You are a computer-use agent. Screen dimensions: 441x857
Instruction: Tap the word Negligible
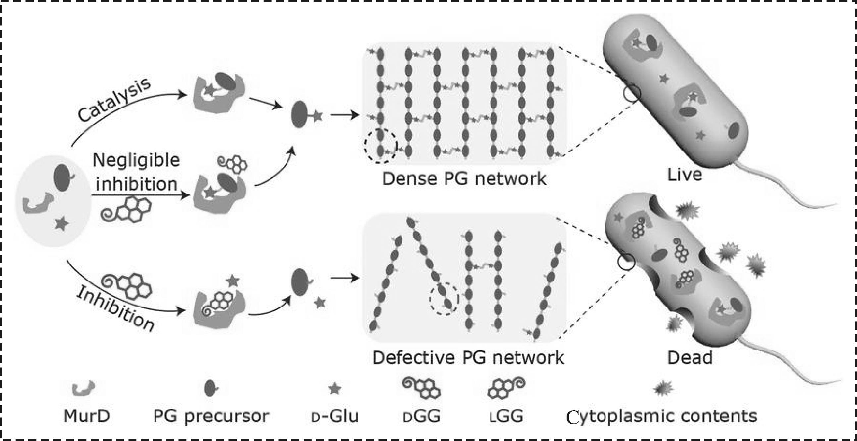pos(136,160)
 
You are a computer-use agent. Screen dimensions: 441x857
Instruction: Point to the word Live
pos(684,175)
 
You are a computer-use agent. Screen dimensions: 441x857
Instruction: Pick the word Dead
pos(690,358)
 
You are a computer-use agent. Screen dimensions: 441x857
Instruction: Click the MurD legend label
pos(87,416)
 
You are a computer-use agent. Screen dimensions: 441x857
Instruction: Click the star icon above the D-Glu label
pos(334,389)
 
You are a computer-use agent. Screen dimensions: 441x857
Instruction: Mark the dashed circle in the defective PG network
pos(444,299)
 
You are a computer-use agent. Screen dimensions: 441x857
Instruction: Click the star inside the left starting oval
pos(62,223)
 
